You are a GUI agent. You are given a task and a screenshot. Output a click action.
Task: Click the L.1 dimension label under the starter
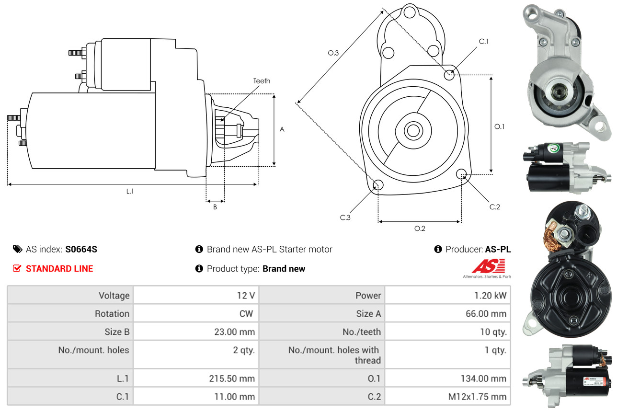pyautogui.click(x=130, y=191)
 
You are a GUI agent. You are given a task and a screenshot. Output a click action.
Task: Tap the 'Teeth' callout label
pyautogui.click(x=262, y=81)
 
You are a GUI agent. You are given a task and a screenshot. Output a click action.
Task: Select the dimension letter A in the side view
pyautogui.click(x=282, y=129)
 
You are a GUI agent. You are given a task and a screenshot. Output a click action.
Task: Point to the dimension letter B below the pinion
pyautogui.click(x=215, y=207)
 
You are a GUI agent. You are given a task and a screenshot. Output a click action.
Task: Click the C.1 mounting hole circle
pyautogui.click(x=449, y=75)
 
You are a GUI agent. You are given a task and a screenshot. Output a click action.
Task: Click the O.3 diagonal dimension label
pyautogui.click(x=333, y=53)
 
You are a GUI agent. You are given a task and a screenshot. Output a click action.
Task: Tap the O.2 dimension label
pyautogui.click(x=420, y=229)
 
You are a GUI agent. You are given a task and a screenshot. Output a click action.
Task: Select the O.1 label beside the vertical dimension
pyautogui.click(x=499, y=126)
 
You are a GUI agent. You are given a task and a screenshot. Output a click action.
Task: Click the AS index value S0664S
pyautogui.click(x=81, y=249)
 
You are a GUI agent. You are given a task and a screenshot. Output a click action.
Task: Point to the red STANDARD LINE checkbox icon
pyautogui.click(x=17, y=268)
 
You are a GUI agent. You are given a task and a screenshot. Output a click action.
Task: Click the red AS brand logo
pyautogui.click(x=488, y=266)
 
